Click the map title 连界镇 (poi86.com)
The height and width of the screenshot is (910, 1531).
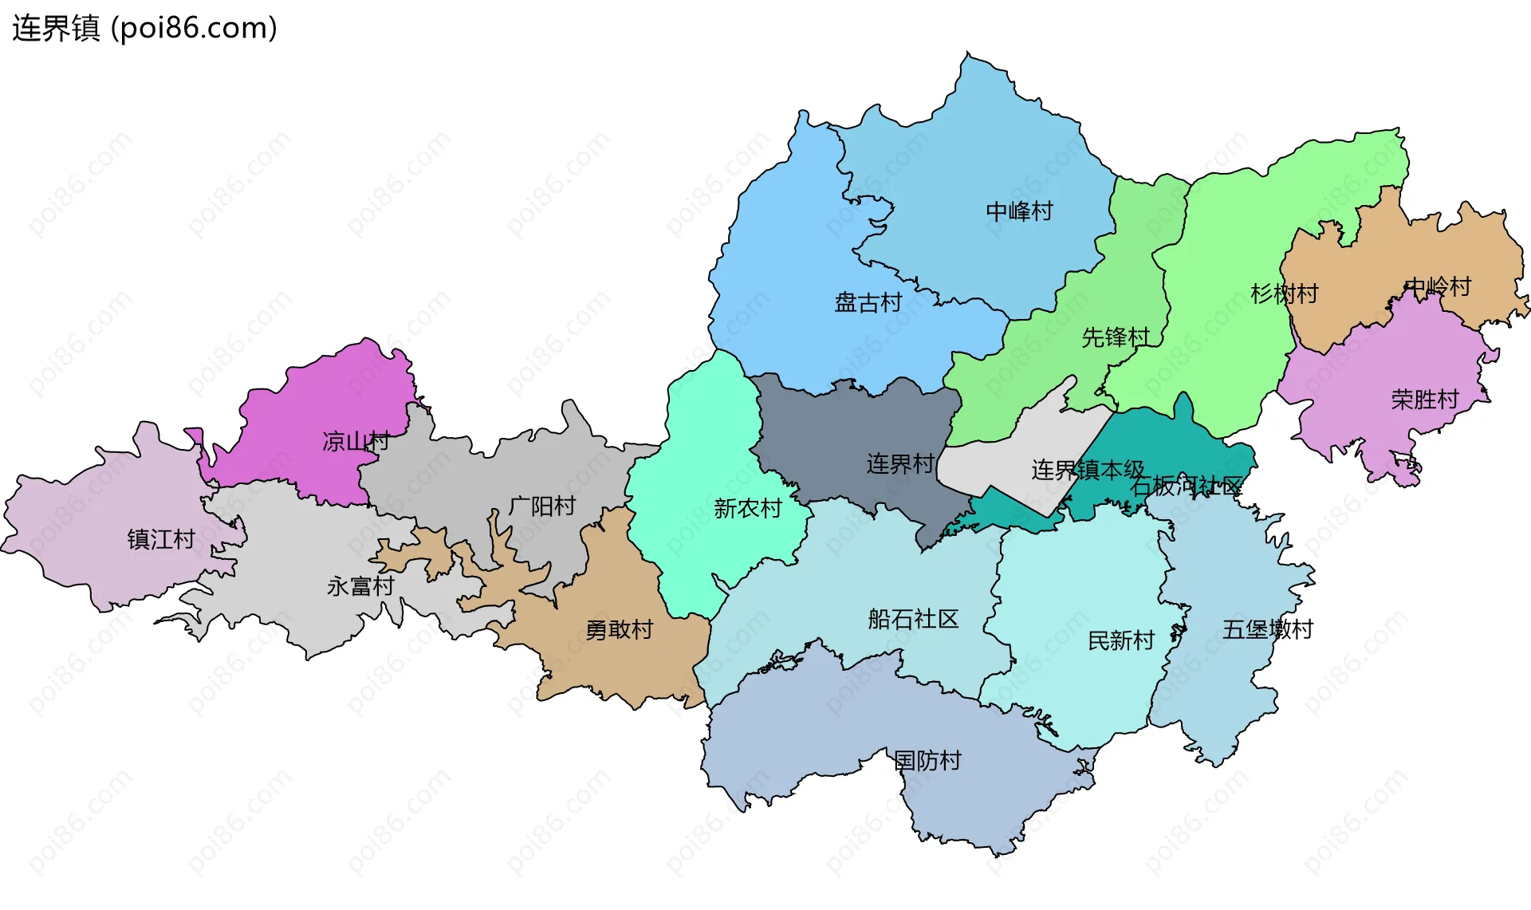[144, 28]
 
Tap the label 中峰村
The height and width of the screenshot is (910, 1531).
[1019, 211]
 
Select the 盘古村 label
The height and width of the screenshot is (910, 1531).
[868, 303]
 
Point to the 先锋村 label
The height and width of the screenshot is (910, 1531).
[1116, 337]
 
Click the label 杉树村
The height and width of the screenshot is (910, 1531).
[1284, 294]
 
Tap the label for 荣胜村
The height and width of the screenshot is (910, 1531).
[1425, 400]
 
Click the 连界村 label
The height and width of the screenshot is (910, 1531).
[900, 464]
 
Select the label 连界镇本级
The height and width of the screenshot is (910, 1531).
[1088, 470]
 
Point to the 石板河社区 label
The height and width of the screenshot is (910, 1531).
[1187, 486]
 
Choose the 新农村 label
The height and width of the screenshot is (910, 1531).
[747, 509]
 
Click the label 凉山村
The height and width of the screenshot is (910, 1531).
[356, 441]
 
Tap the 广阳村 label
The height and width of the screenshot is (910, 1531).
[542, 506]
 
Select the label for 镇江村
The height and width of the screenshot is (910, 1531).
[161, 540]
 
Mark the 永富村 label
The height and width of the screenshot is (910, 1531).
[360, 587]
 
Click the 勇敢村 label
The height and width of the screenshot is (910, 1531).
[619, 630]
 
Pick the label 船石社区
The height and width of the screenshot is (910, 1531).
[913, 620]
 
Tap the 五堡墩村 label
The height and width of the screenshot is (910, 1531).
[1267, 630]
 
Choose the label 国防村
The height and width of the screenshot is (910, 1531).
[927, 761]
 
